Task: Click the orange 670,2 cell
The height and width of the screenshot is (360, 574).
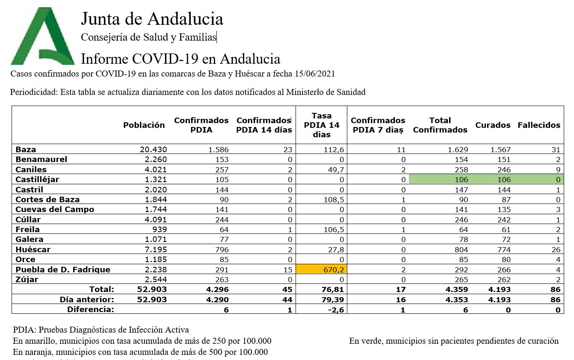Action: (322, 269)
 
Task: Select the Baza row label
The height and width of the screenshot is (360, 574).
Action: (26, 150)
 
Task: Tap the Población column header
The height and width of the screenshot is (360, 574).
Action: (144, 125)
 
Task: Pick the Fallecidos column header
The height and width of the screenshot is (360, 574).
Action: (538, 125)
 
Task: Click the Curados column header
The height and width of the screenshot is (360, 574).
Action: (493, 125)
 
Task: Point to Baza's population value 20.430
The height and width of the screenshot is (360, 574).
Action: (153, 150)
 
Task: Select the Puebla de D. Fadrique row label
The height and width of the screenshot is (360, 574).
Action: (63, 270)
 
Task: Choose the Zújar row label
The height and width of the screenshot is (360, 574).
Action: (27, 280)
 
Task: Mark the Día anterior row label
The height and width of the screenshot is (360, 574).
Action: (87, 300)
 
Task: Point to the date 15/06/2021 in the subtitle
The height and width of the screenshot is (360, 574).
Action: (314, 74)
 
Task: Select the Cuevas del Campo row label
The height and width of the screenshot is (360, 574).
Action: (55, 210)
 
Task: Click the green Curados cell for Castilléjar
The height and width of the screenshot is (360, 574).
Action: (501, 180)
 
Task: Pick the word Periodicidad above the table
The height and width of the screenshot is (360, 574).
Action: (33, 92)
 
